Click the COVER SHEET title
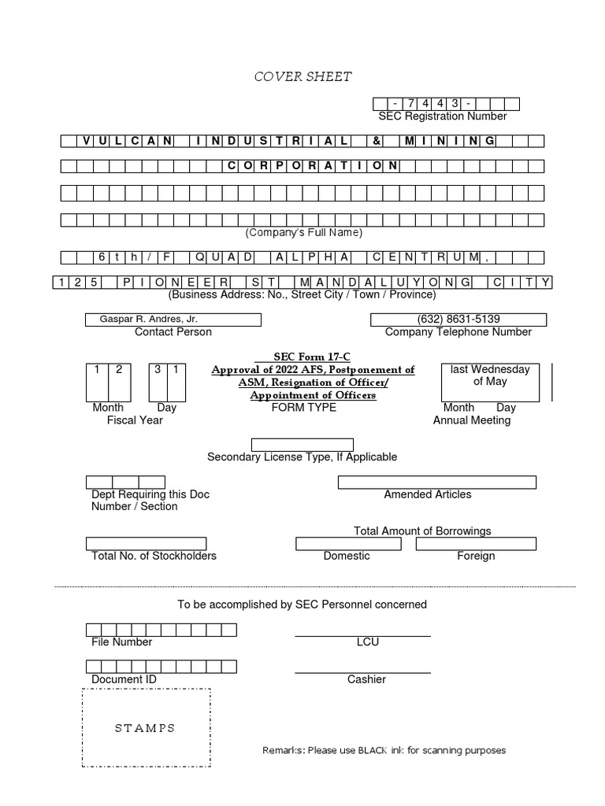pyautogui.click(x=302, y=76)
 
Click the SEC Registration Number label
pyautogui.click(x=442, y=116)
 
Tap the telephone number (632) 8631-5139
pyautogui.click(x=458, y=320)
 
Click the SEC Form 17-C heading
pyautogui.click(x=313, y=357)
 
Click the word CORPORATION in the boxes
pyautogui.click(x=313, y=166)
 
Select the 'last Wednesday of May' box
pyautogui.click(x=490, y=382)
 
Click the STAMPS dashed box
pyautogui.click(x=146, y=728)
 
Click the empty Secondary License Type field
pyautogui.click(x=302, y=445)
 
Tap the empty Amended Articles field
pyautogui.click(x=436, y=482)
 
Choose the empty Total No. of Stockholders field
pyautogui.click(x=146, y=544)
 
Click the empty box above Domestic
pyautogui.click(x=347, y=544)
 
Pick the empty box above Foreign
pyautogui.click(x=476, y=544)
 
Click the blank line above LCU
pyautogui.click(x=362, y=634)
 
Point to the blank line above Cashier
pyautogui.click(x=362, y=672)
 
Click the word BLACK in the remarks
pyautogui.click(x=373, y=750)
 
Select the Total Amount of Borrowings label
pyautogui.click(x=422, y=531)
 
